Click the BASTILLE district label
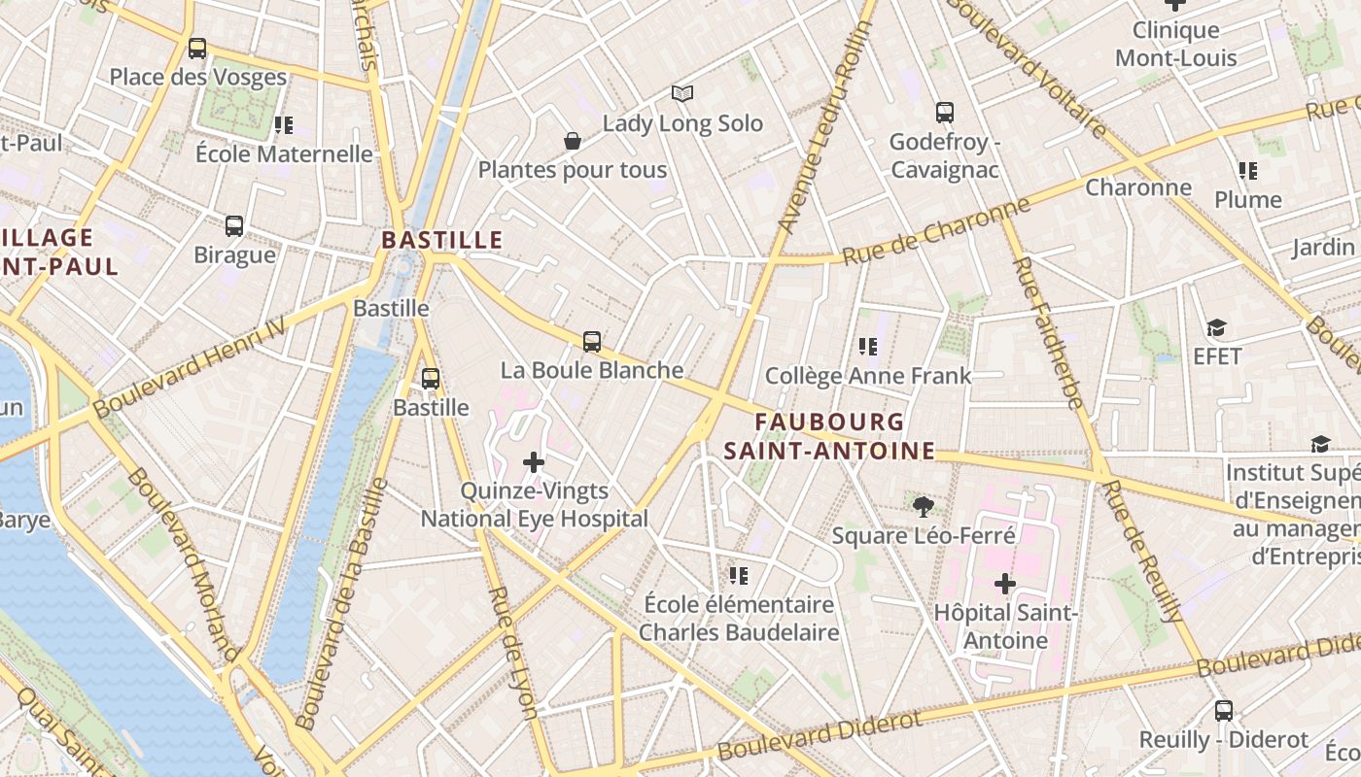pyautogui.click(x=442, y=240)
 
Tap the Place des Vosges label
pyautogui.click(x=197, y=78)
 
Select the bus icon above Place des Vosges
pyautogui.click(x=197, y=49)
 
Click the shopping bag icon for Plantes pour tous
pyautogui.click(x=573, y=142)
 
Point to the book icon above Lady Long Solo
pyautogui.click(x=682, y=94)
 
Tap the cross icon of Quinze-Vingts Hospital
pyautogui.click(x=534, y=462)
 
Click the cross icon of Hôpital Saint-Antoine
pyautogui.click(x=1005, y=584)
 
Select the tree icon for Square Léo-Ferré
pyautogui.click(x=924, y=506)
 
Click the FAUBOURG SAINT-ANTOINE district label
pyautogui.click(x=829, y=437)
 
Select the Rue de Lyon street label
pyautogui.click(x=512, y=652)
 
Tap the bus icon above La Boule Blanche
pyautogui.click(x=592, y=342)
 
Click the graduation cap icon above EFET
pyautogui.click(x=1216, y=328)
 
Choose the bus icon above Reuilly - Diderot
pyautogui.click(x=1224, y=711)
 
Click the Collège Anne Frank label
pyautogui.click(x=868, y=376)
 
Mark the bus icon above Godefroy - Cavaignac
pyautogui.click(x=944, y=113)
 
